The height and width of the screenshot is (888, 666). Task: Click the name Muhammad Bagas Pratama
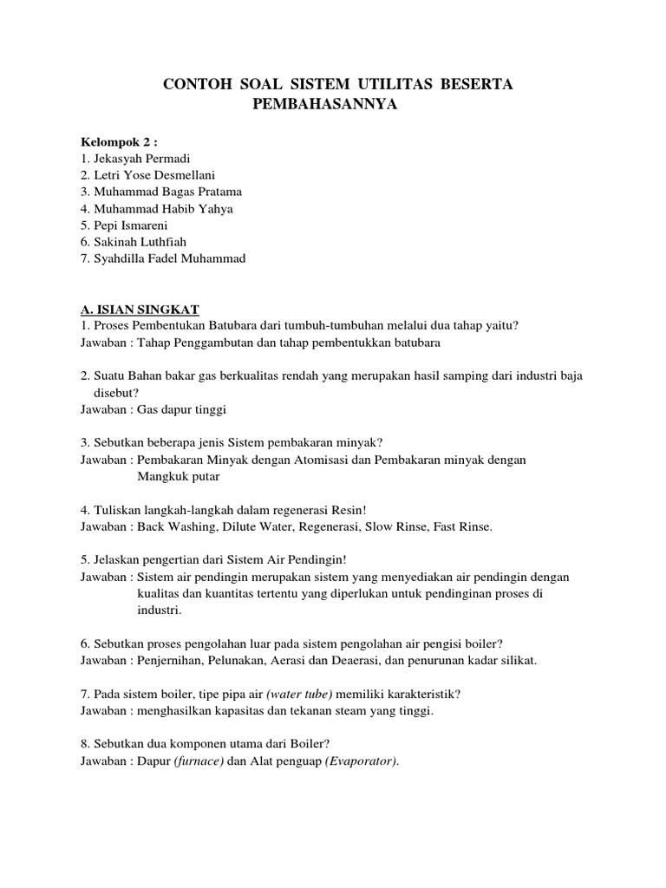(161, 192)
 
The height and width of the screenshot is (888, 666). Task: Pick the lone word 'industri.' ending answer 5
(160, 610)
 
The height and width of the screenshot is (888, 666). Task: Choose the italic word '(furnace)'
(198, 761)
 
